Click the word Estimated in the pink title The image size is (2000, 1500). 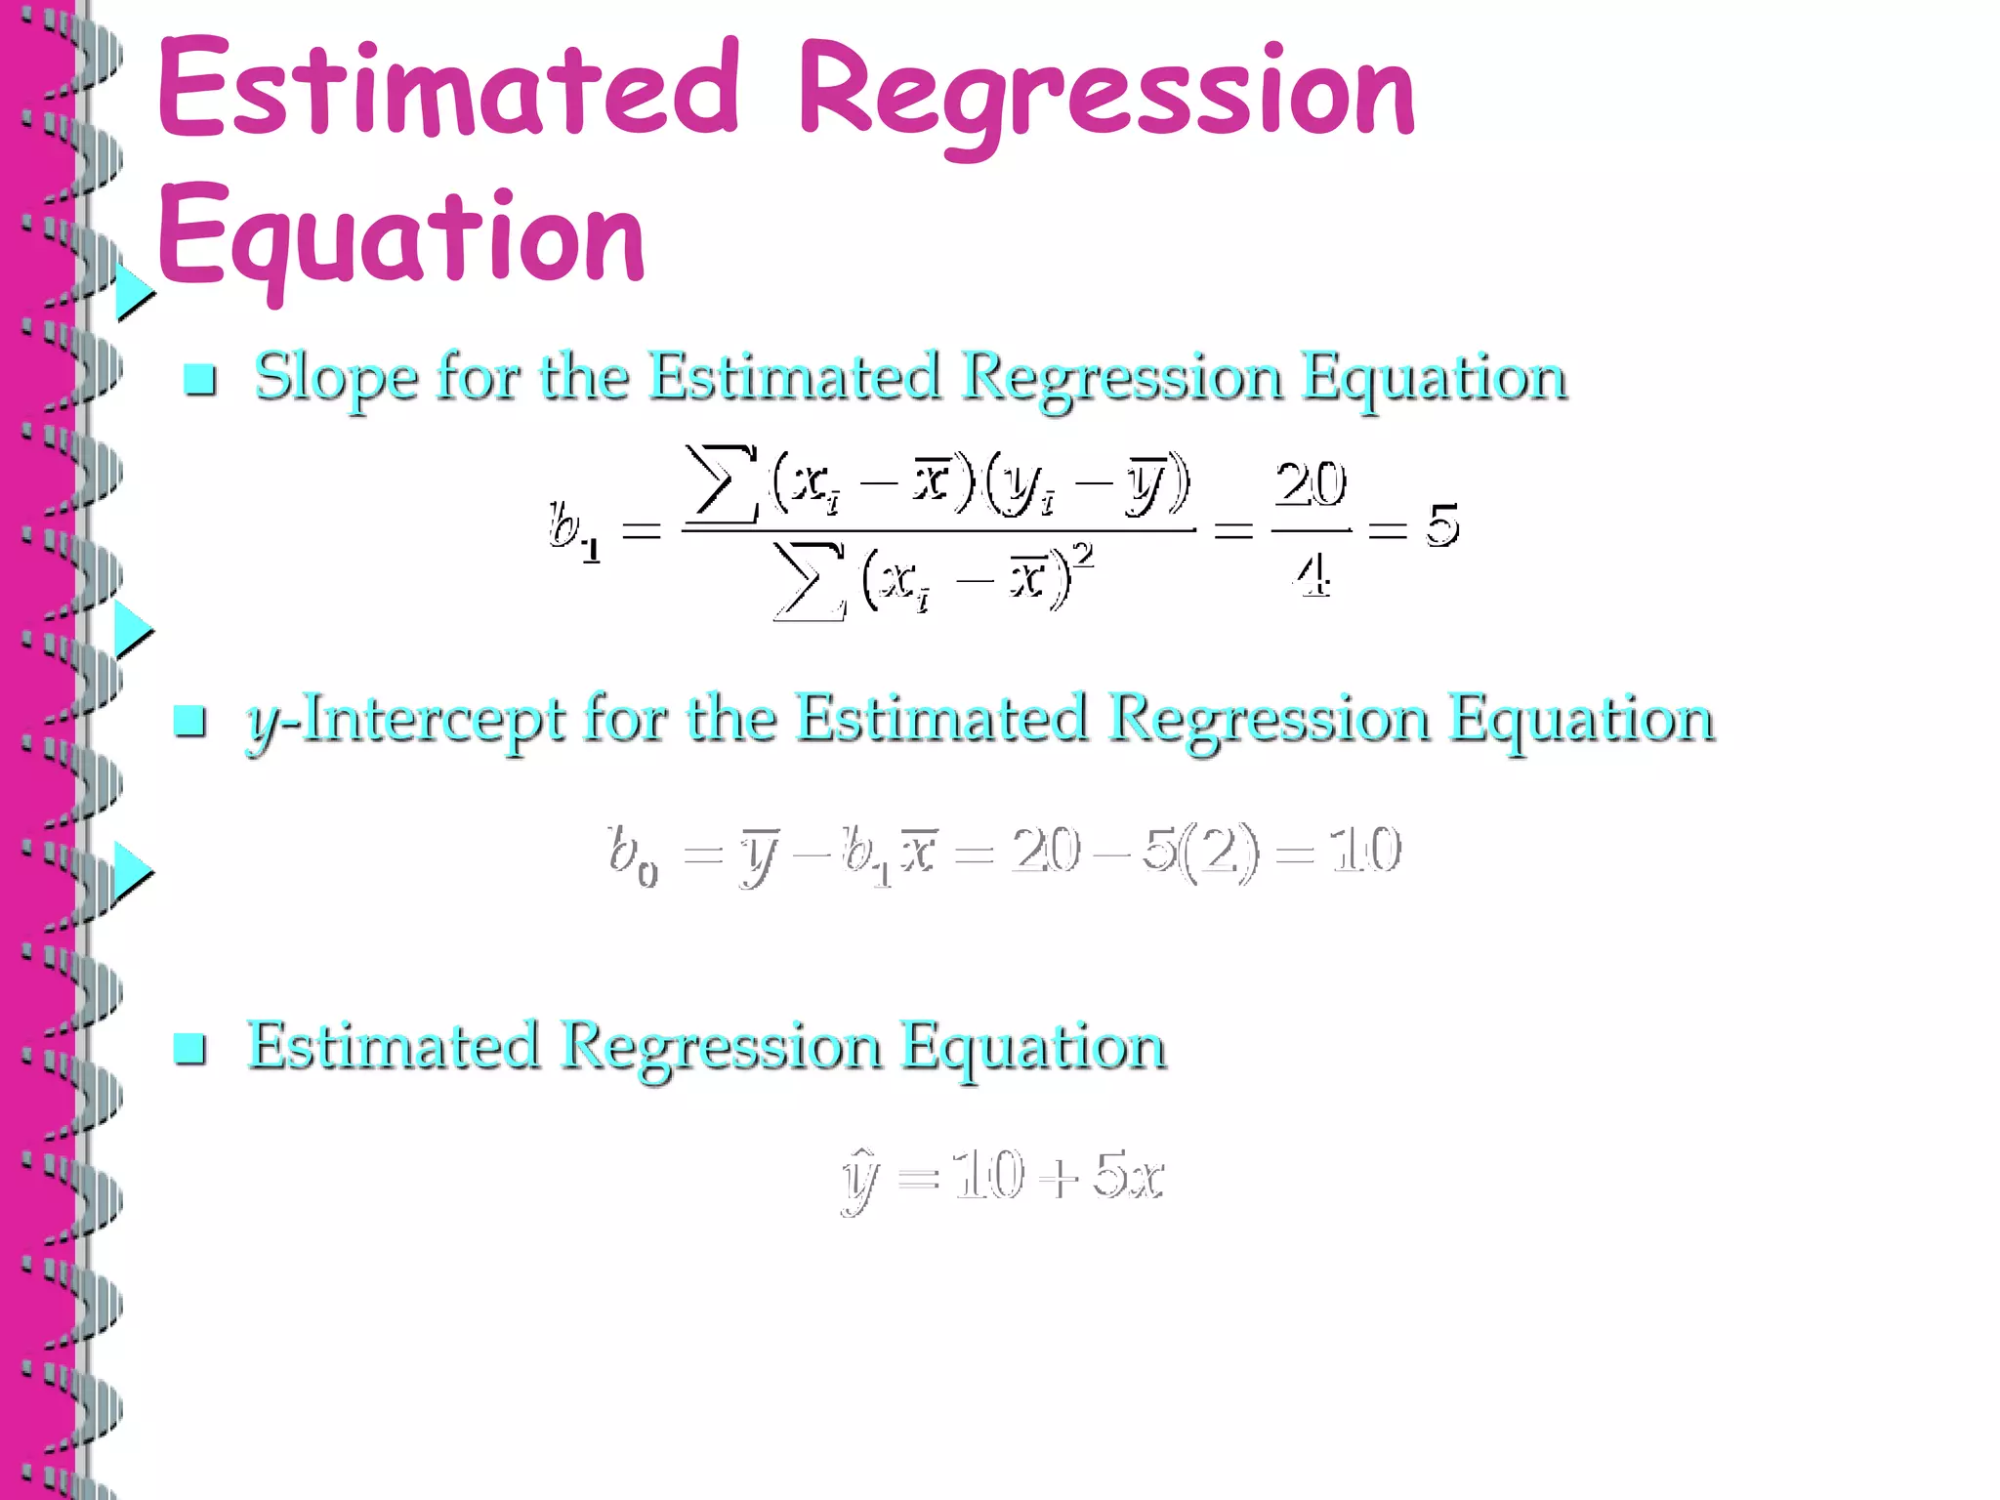(447, 90)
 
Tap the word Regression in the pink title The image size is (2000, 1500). (1105, 94)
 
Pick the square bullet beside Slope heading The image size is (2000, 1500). (200, 379)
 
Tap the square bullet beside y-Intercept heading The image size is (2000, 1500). (189, 721)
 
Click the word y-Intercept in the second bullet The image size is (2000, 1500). (405, 721)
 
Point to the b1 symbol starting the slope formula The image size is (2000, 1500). (574, 529)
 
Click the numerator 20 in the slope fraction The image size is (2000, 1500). (1311, 483)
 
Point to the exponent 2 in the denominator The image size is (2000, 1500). (1083, 555)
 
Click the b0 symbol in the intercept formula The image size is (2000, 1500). (632, 853)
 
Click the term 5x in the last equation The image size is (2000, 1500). (1128, 1175)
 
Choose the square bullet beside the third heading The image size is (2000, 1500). (189, 1048)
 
